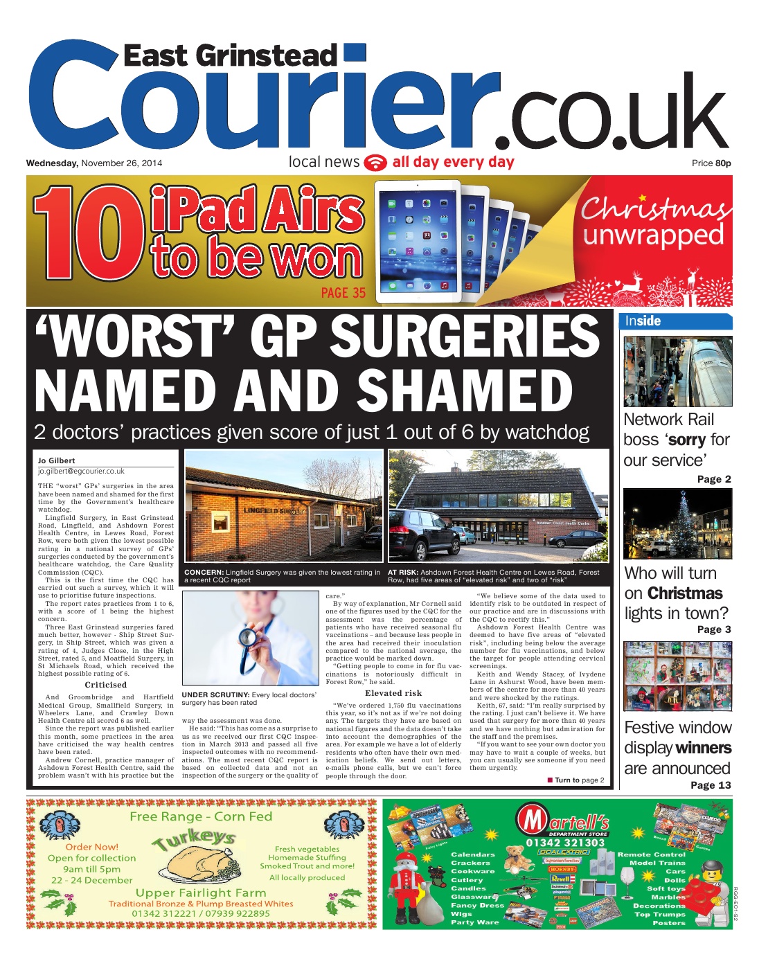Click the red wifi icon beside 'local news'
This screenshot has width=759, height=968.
point(375,162)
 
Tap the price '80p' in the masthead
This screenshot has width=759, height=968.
point(723,163)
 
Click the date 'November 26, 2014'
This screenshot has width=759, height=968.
point(121,163)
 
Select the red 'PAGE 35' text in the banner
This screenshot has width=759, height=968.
point(343,293)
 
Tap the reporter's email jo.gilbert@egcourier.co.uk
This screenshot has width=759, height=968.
point(81,471)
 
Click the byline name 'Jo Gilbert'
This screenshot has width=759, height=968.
point(57,460)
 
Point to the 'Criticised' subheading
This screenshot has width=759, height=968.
point(105,685)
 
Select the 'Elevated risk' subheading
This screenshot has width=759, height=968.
point(393,693)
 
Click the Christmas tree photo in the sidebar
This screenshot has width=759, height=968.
point(677,523)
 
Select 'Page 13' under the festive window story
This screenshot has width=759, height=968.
point(711,785)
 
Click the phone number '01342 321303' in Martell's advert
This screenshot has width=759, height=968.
point(565,843)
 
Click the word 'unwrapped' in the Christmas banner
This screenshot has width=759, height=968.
point(653,235)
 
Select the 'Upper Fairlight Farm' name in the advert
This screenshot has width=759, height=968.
point(201,893)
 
